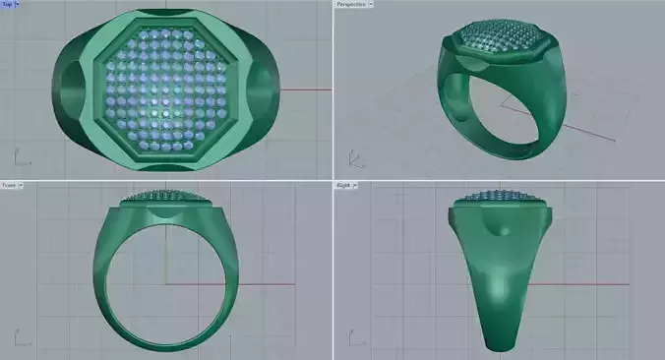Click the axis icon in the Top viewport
pyautogui.click(x=20, y=156)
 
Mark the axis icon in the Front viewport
pyautogui.click(x=20, y=338)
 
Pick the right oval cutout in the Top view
pyautogui.click(x=263, y=89)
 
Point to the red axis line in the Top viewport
pyautogui.click(x=305, y=90)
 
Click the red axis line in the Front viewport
pyautogui.click(x=266, y=286)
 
